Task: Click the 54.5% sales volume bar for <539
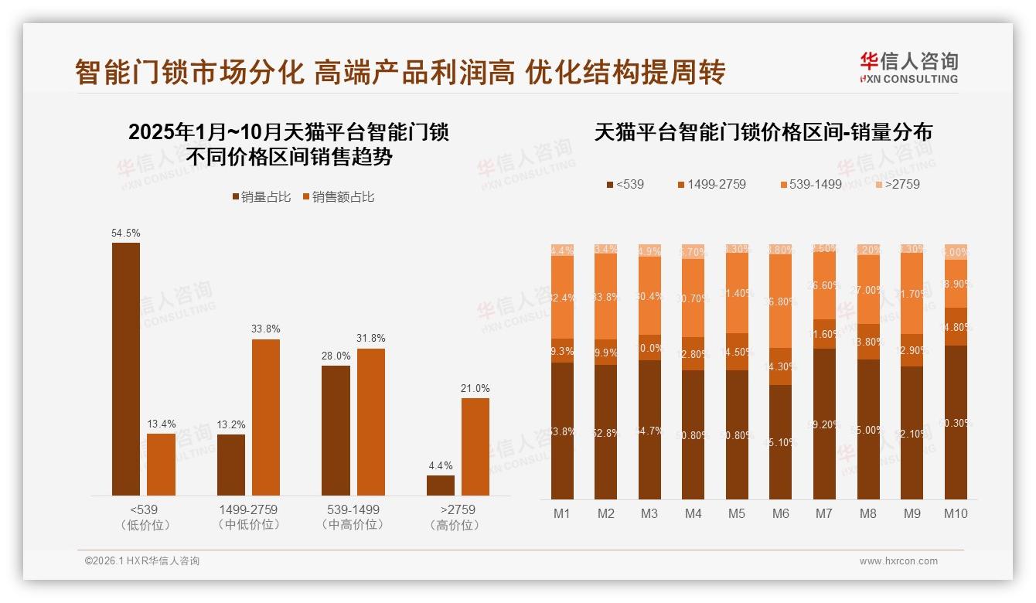tap(126, 369)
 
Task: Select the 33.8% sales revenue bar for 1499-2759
tap(266, 417)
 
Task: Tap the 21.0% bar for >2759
tap(475, 447)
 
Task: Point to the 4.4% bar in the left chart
tap(441, 485)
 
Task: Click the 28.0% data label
tap(336, 356)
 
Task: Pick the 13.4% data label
tap(162, 424)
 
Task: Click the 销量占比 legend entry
tap(261, 197)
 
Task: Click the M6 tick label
tap(781, 513)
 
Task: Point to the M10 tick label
tap(956, 513)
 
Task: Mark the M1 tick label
tap(562, 513)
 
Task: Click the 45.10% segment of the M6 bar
tap(781, 442)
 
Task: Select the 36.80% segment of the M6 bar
tap(781, 301)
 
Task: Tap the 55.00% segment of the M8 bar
tap(868, 429)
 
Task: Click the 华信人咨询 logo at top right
tap(908, 67)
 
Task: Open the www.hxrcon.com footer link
tap(898, 561)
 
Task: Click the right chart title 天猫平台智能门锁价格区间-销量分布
tap(763, 132)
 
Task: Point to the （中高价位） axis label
tap(353, 525)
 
